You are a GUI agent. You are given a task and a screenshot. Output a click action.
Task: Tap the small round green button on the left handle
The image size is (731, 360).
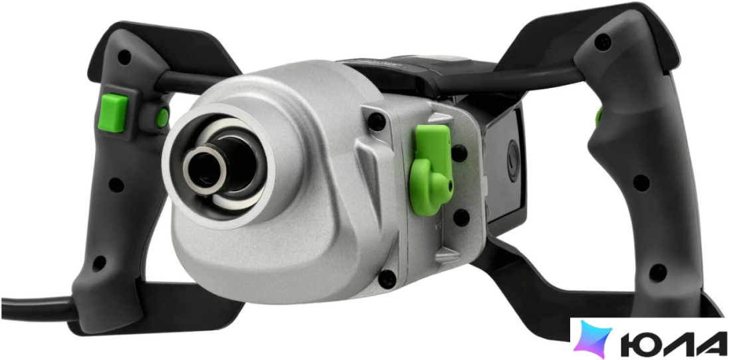pos(162,118)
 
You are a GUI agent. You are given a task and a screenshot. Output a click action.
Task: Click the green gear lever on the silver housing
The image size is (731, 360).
pos(431,169)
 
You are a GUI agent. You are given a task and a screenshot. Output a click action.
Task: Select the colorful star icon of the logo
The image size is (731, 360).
pos(593,339)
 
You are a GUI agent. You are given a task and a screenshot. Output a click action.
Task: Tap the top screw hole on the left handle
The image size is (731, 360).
pos(124,58)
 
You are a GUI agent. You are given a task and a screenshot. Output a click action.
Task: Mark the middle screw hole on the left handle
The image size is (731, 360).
pos(116,185)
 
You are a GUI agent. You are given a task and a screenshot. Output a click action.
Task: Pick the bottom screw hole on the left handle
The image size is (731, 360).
pos(99,263)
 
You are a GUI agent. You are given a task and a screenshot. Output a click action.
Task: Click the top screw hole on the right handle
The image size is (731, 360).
pos(603,43)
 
